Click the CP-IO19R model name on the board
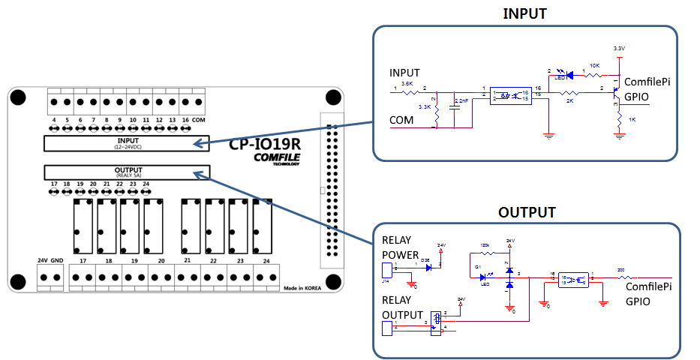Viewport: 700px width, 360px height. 265,144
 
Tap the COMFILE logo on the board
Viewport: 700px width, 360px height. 275,157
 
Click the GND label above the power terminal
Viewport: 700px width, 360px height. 57,260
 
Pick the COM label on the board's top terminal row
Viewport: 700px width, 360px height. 198,120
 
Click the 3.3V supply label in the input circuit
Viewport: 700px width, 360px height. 618,49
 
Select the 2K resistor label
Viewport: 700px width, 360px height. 569,100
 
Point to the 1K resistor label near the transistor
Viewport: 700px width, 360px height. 632,120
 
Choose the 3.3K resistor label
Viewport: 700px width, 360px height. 423,107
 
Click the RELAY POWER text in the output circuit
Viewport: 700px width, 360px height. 401,247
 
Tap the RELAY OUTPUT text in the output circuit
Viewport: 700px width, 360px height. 404,308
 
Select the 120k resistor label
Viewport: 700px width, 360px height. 485,246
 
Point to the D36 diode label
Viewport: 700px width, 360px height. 425,259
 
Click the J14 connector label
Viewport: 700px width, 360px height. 386,283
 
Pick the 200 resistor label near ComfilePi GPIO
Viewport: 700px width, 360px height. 620,269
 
